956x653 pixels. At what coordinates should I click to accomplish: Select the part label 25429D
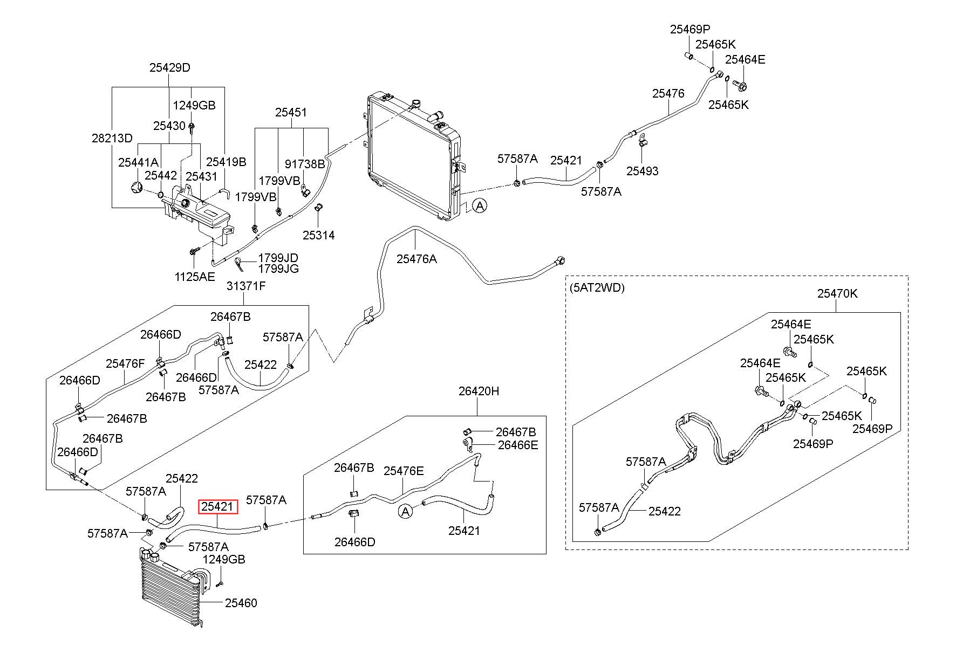(170, 68)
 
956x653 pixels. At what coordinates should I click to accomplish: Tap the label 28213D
(112, 138)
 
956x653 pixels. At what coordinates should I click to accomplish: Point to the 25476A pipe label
(416, 259)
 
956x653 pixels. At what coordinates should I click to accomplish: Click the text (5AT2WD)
(597, 288)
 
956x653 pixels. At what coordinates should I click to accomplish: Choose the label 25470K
(837, 293)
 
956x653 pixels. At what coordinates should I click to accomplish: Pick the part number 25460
(241, 603)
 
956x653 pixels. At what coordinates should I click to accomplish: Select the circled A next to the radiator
(480, 205)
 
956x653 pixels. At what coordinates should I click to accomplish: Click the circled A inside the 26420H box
(405, 511)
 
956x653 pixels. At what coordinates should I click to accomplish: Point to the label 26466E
(518, 445)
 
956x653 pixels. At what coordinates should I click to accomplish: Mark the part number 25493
(643, 171)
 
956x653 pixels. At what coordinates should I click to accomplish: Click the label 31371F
(246, 286)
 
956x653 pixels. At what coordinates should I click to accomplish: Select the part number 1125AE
(194, 277)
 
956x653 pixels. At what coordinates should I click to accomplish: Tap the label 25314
(318, 235)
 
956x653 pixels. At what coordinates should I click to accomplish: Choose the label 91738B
(305, 163)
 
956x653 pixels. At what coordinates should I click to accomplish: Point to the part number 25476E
(404, 471)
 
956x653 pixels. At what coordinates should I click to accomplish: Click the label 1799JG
(278, 269)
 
